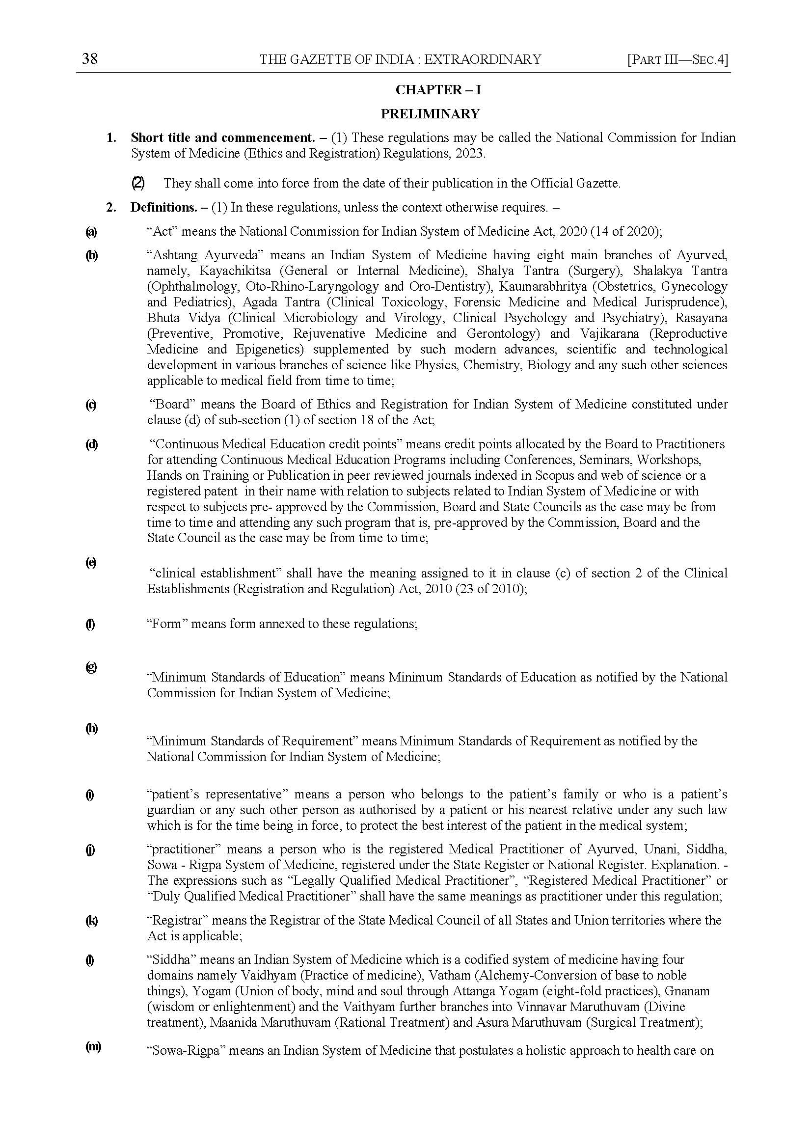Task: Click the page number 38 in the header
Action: [x=90, y=59]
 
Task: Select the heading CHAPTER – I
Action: [x=431, y=90]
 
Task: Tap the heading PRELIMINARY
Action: [x=430, y=114]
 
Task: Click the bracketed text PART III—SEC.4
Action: [x=678, y=59]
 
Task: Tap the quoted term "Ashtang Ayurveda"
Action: [x=206, y=255]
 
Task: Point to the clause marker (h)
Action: [x=91, y=729]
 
